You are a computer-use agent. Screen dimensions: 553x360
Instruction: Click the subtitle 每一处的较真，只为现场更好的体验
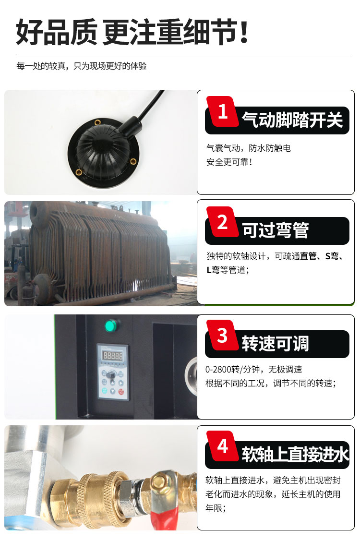click(x=81, y=66)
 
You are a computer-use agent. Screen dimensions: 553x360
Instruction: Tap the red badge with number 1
click(x=222, y=112)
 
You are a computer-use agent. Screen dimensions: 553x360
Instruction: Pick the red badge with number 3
click(x=222, y=336)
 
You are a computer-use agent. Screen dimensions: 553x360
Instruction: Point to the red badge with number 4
click(x=222, y=446)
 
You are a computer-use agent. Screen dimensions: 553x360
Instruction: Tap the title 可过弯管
click(x=275, y=231)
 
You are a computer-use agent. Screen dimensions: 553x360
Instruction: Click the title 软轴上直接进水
click(x=295, y=455)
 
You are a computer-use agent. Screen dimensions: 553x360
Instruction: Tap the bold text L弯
click(x=213, y=270)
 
